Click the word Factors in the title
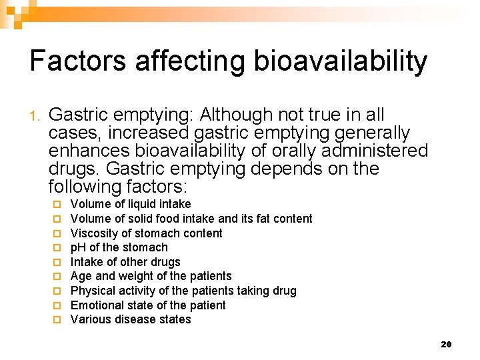[77, 61]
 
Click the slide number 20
[446, 344]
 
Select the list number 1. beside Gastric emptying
[36, 116]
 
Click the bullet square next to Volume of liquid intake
[58, 205]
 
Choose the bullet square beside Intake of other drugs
[58, 263]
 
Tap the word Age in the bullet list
[81, 277]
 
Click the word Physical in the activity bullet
[93, 291]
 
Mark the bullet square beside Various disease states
[58, 320]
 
